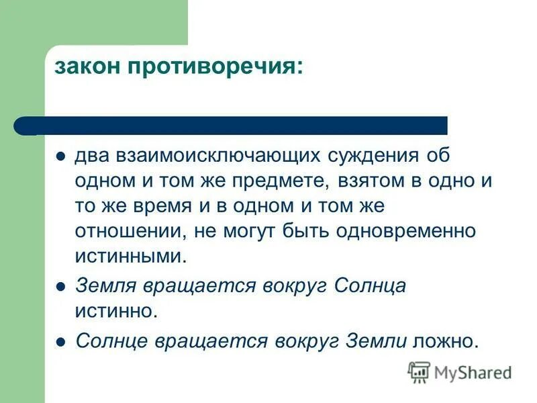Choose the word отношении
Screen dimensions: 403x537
coord(132,230)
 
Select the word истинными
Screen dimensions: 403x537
coord(128,255)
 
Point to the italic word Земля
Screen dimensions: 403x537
coord(105,285)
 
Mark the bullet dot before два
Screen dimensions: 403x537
coord(60,156)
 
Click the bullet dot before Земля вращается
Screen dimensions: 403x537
coord(60,286)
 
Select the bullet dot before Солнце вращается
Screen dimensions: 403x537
coord(60,341)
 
